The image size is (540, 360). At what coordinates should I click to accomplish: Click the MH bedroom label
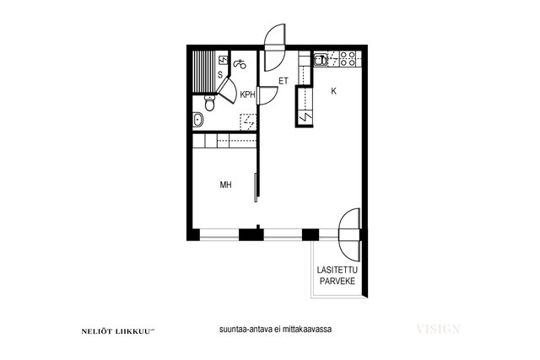[225, 185]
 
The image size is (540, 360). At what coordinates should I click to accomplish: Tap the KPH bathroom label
[247, 94]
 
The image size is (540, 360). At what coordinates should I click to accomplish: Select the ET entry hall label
[283, 81]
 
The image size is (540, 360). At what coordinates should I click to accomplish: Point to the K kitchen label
[333, 91]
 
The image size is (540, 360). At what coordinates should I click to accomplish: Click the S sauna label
[220, 75]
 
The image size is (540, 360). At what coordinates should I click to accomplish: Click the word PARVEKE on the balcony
[337, 282]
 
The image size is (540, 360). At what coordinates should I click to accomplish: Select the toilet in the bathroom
[209, 103]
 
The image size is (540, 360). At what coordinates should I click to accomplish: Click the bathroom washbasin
[197, 120]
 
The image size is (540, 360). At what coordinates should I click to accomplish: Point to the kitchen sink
[321, 60]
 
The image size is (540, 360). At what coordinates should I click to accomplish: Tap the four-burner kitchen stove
[347, 59]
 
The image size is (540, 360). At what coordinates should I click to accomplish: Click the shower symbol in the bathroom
[240, 64]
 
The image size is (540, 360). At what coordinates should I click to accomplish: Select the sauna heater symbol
[224, 61]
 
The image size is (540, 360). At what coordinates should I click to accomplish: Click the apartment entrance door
[275, 47]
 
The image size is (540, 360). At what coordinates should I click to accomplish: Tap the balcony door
[349, 234]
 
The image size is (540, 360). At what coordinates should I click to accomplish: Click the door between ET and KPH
[268, 95]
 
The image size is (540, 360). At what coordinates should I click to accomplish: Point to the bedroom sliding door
[256, 187]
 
